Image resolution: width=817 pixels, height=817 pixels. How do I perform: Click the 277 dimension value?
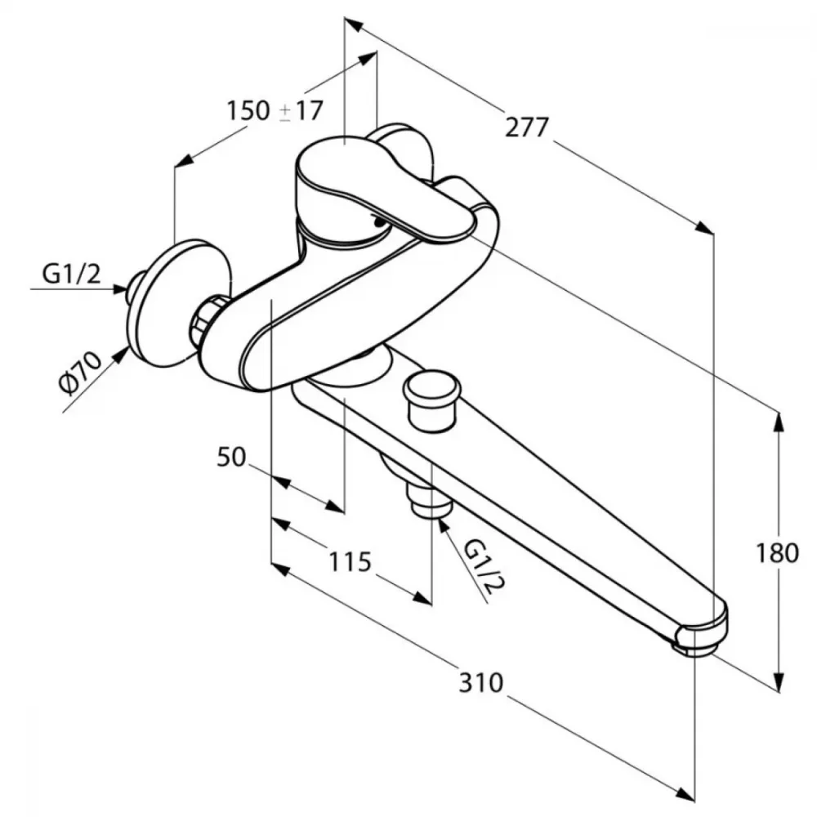click(527, 127)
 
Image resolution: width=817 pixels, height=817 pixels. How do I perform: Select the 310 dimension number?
click(481, 682)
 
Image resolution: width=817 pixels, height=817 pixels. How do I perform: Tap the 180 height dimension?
click(777, 552)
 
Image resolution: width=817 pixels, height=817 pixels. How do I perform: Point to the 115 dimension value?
click(350, 562)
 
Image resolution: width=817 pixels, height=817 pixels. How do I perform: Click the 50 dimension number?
click(231, 457)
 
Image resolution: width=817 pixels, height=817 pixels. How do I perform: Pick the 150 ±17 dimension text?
click(275, 110)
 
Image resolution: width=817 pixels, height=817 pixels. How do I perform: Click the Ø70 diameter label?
click(81, 373)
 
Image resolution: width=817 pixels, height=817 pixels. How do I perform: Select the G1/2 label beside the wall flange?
click(71, 274)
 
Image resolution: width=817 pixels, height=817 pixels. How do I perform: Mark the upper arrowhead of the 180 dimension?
click(779, 423)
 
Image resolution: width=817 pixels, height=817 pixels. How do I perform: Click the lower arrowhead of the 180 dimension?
click(779, 681)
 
